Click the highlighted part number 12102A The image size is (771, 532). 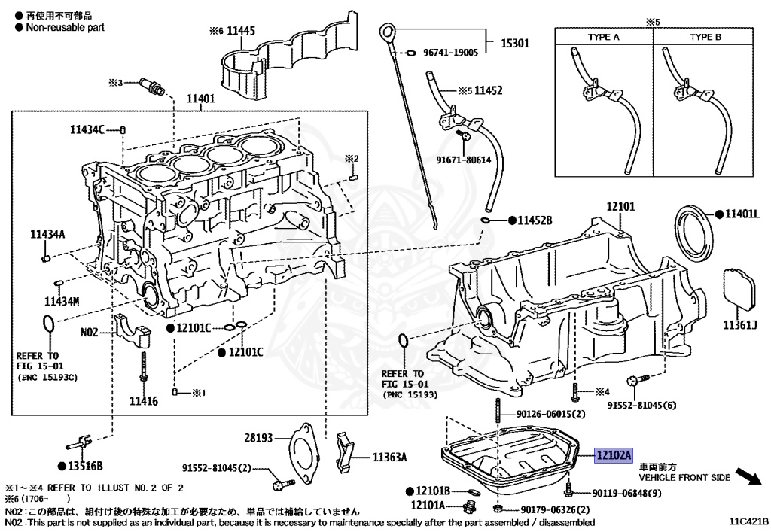(x=614, y=454)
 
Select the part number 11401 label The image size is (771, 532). (x=201, y=98)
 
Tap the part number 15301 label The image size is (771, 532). (x=516, y=43)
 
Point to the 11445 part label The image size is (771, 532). (x=241, y=31)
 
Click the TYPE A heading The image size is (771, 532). (x=604, y=37)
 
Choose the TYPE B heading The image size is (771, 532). (x=705, y=37)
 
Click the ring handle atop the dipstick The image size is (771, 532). (x=387, y=32)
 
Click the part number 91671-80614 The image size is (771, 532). (x=466, y=160)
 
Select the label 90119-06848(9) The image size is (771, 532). (x=626, y=493)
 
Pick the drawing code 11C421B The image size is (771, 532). (x=748, y=521)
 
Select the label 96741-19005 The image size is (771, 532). (x=451, y=53)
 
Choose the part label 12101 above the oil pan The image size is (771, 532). (x=621, y=205)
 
